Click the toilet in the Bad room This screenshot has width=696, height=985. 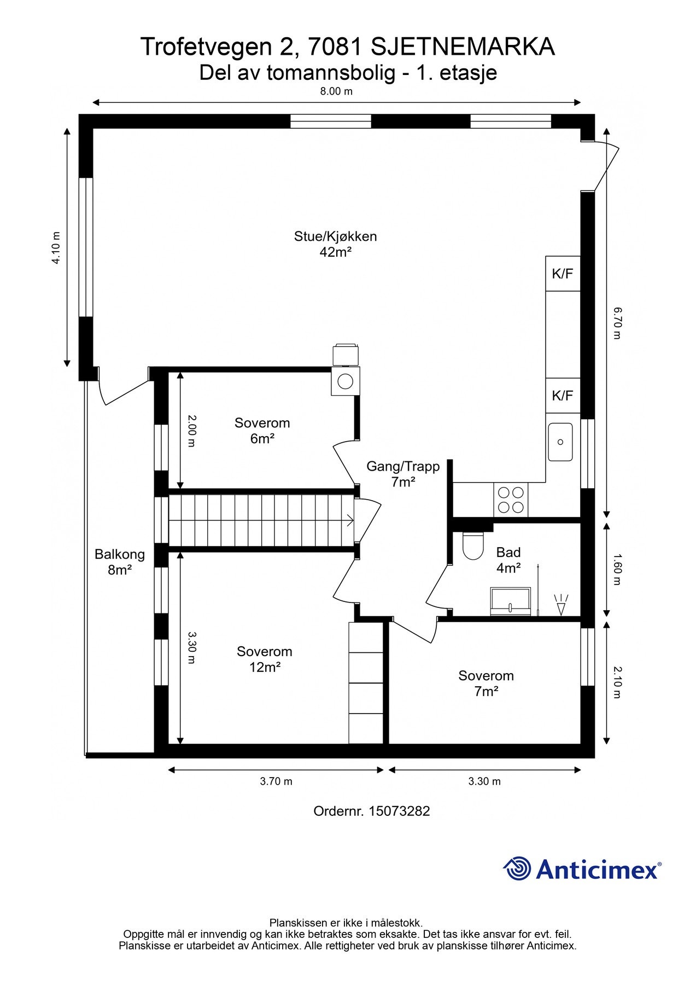point(473,545)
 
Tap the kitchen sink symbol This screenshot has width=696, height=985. point(560,442)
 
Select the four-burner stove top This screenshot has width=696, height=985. point(511,500)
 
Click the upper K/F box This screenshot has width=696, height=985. point(563,274)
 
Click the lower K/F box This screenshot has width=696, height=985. point(563,395)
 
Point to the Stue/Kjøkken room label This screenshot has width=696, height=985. point(335,244)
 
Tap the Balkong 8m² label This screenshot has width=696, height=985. point(120,562)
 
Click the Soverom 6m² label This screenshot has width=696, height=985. point(262,431)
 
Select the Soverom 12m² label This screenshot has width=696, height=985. point(265,659)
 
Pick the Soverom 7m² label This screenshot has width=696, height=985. point(486,683)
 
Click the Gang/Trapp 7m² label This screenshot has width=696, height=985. point(403,474)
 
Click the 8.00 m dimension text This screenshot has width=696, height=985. point(336,91)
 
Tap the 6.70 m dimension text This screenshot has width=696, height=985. point(617,323)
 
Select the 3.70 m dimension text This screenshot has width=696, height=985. point(276,781)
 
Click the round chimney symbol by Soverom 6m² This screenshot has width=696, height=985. point(345,381)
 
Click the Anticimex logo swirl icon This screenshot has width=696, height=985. point(517,868)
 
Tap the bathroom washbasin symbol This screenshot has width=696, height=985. point(510,601)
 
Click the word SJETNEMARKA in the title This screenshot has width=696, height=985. point(463,47)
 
